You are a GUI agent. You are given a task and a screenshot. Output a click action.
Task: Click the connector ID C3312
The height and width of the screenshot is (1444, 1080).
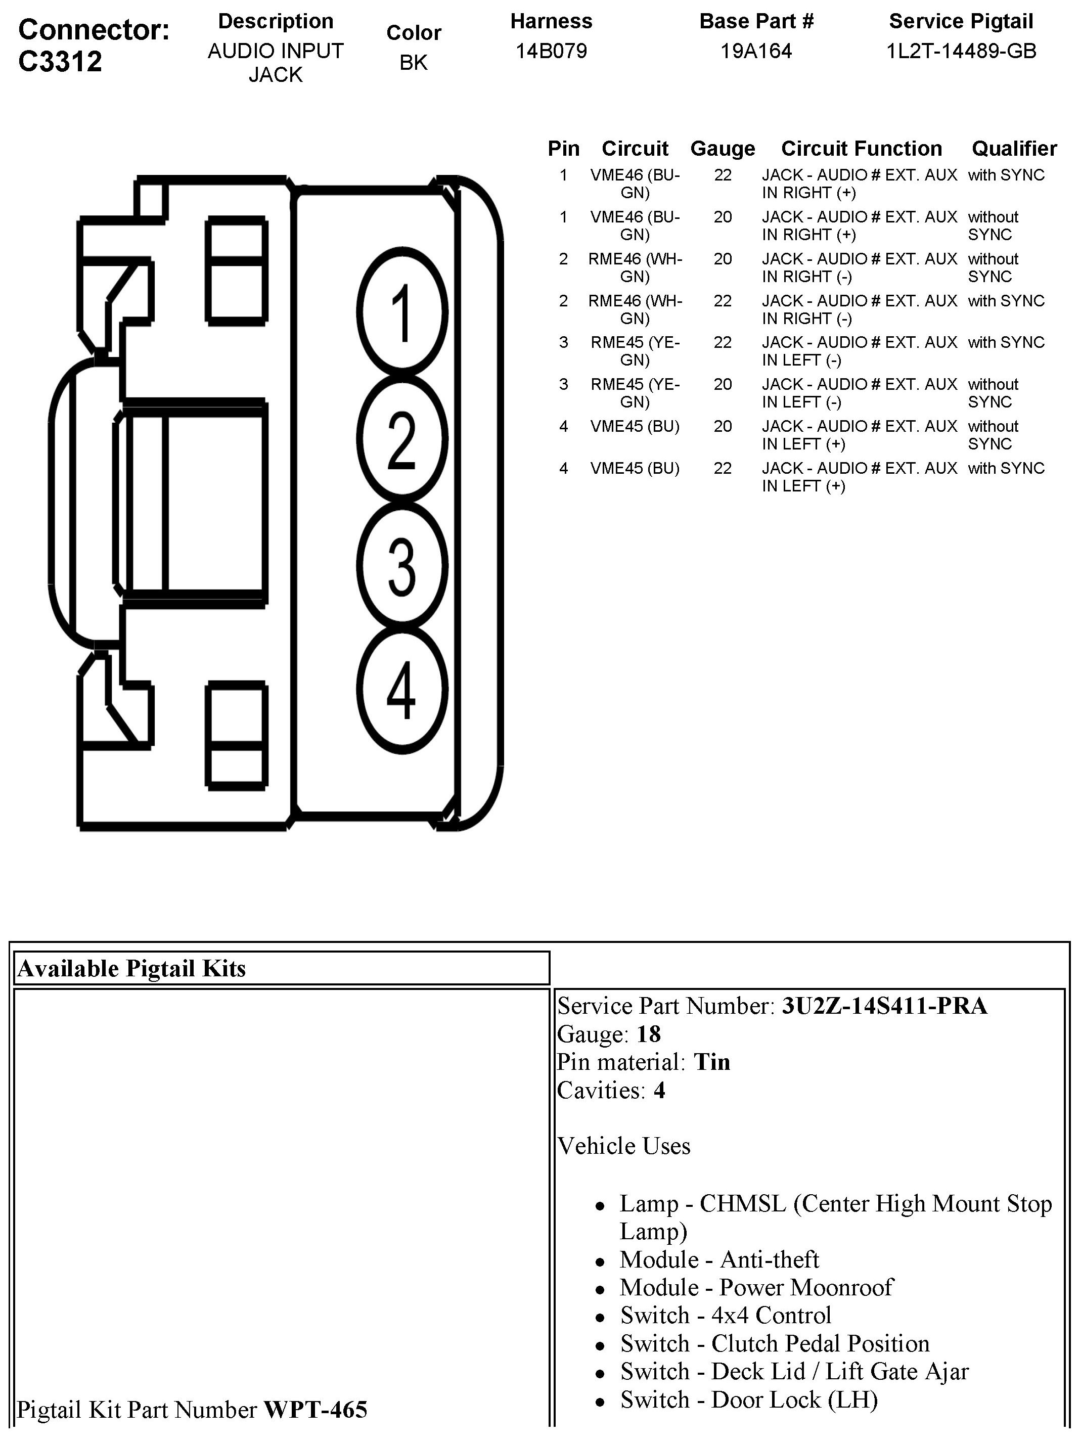(x=60, y=61)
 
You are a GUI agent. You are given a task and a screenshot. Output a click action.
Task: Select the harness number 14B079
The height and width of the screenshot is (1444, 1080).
(x=551, y=51)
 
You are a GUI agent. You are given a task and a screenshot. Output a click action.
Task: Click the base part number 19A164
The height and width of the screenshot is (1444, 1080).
(x=756, y=51)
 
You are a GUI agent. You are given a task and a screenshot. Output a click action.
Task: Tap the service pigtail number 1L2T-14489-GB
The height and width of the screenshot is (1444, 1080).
(x=961, y=51)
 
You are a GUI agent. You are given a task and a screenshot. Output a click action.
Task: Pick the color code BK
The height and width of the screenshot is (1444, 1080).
(x=413, y=63)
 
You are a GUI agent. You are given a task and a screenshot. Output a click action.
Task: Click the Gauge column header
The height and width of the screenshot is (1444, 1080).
(x=722, y=149)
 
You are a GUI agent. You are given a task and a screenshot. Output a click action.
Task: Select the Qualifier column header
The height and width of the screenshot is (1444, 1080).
(x=1014, y=149)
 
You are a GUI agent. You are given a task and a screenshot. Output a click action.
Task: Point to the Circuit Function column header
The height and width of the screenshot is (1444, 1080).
(x=861, y=149)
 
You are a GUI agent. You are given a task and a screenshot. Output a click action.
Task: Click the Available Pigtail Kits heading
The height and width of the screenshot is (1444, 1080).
(x=132, y=968)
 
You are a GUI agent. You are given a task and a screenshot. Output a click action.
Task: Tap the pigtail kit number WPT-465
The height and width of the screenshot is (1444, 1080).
(x=316, y=1410)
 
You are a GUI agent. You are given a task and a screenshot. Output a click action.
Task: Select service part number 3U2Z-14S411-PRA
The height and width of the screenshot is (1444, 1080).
(x=885, y=1006)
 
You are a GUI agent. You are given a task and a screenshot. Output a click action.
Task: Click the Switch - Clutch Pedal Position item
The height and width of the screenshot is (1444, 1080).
(x=775, y=1343)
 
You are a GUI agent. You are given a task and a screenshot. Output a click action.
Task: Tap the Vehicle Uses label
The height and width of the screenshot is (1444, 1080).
(x=623, y=1146)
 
